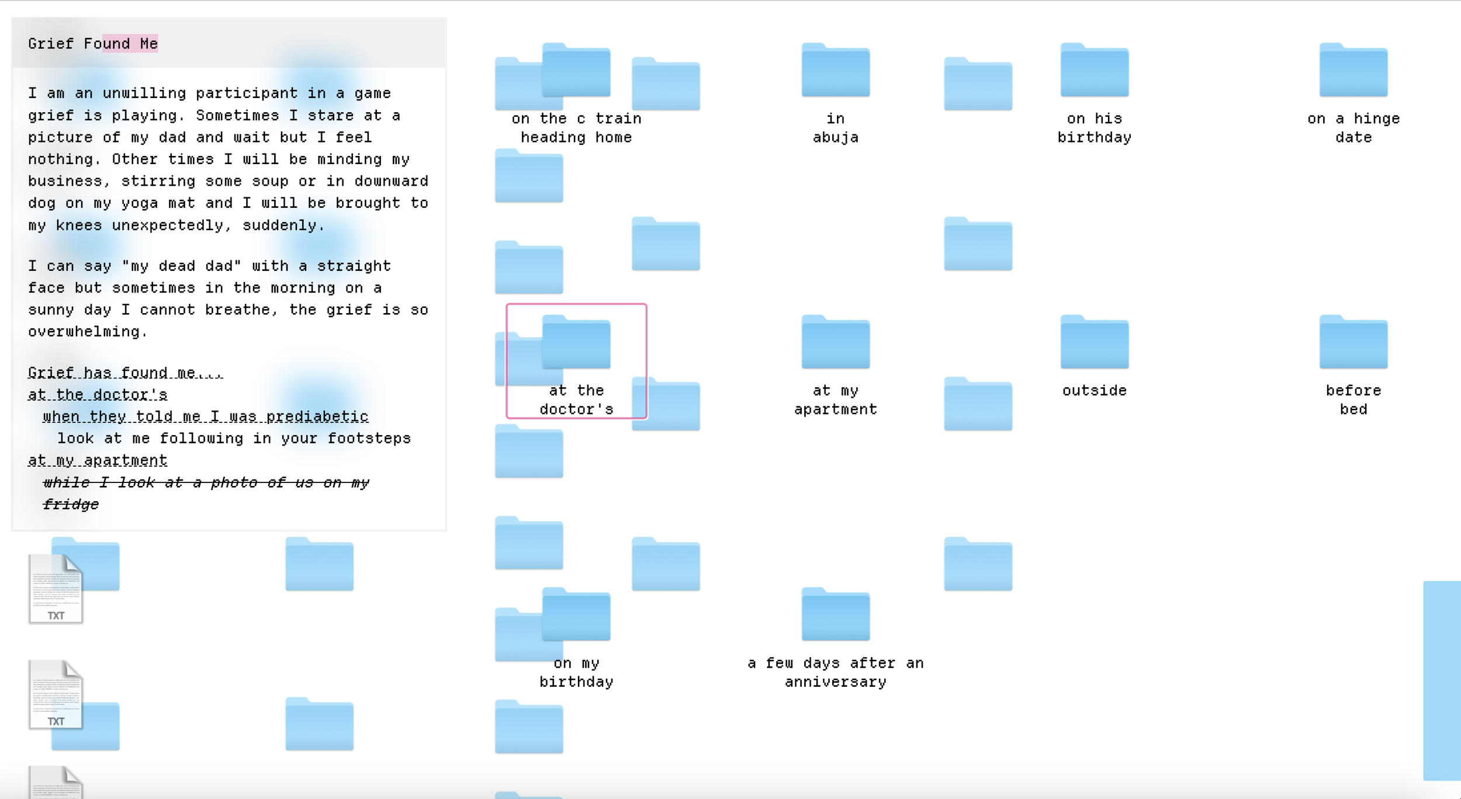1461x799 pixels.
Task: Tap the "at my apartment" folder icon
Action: pyautogui.click(x=835, y=343)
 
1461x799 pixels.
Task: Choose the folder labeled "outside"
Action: pyautogui.click(x=1094, y=343)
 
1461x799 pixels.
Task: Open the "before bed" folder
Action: pyautogui.click(x=1353, y=343)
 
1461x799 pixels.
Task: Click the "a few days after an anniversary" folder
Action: pyautogui.click(x=835, y=616)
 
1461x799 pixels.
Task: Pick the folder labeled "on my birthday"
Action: pyautogui.click(x=576, y=616)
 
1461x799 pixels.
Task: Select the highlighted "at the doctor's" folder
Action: pyautogui.click(x=576, y=343)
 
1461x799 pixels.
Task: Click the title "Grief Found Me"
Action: pyautogui.click(x=93, y=44)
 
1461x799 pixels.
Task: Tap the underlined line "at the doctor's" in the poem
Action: pyautogui.click(x=98, y=395)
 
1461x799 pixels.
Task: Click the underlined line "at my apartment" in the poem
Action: pyautogui.click(x=98, y=461)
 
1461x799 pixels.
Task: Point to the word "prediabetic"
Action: pyautogui.click(x=317, y=417)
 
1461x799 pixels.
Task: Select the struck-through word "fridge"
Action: pyautogui.click(x=71, y=505)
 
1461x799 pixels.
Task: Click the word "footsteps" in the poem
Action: pyautogui.click(x=369, y=439)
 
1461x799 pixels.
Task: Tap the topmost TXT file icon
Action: pyautogui.click(x=56, y=588)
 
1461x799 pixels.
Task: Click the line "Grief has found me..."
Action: pyautogui.click(x=125, y=373)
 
